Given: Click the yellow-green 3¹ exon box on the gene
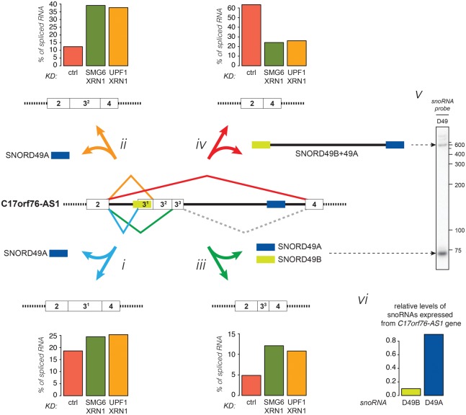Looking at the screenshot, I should (x=143, y=205).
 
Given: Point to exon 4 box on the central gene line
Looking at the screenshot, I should (x=314, y=205).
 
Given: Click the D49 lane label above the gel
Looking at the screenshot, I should (x=430, y=120).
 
